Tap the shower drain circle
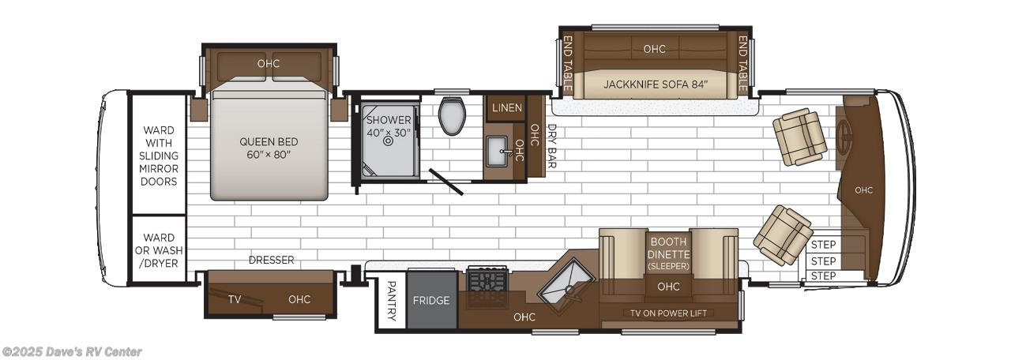[388, 143]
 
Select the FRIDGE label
[431, 301]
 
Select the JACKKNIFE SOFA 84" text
[655, 84]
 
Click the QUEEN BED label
[269, 148]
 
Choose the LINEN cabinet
[506, 107]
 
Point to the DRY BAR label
[551, 146]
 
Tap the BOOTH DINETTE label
[668, 249]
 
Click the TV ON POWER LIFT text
[668, 313]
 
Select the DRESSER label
[271, 260]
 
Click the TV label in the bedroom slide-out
[235, 299]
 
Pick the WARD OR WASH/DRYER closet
[159, 250]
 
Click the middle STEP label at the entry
[823, 261]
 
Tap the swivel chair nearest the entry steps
[782, 234]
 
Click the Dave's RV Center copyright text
[72, 352]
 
